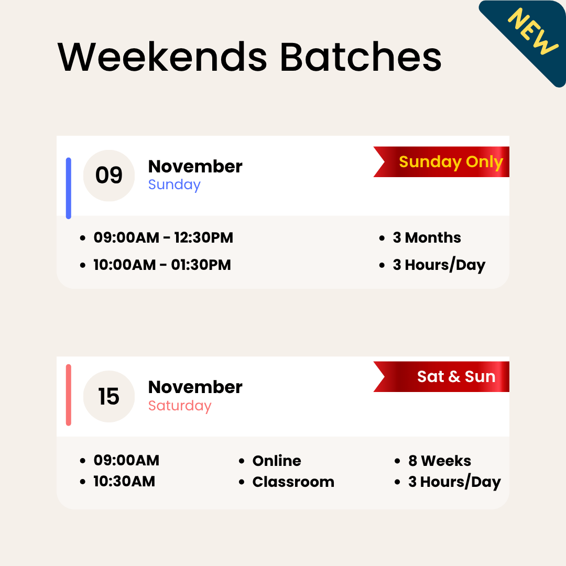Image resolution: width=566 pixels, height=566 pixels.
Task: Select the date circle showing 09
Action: tap(109, 176)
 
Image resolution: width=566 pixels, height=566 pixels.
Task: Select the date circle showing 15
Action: tap(109, 396)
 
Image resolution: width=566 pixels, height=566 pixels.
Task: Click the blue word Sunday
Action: tap(175, 185)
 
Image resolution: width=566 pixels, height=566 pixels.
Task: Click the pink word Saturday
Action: tap(180, 406)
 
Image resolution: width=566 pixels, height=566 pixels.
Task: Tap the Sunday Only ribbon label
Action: tap(451, 162)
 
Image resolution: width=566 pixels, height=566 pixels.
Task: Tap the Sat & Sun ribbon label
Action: tap(456, 377)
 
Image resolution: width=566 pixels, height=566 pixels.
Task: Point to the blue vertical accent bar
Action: tap(69, 188)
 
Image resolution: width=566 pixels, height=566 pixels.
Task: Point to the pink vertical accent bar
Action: tap(69, 395)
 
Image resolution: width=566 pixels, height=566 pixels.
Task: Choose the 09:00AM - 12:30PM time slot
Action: tap(163, 238)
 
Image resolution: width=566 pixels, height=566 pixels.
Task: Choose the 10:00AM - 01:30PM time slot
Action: tap(162, 265)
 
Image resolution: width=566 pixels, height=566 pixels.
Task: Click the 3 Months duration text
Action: tap(427, 238)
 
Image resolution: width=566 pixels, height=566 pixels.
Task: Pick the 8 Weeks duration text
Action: tap(439, 461)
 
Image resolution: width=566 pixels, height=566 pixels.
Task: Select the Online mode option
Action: tap(277, 461)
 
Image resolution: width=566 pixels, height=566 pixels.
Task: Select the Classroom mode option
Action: tap(293, 482)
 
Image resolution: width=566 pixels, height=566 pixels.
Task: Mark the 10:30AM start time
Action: tap(124, 482)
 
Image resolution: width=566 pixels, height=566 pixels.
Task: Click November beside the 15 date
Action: tap(195, 387)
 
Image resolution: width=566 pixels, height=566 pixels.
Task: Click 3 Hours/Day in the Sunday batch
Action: tap(439, 265)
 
